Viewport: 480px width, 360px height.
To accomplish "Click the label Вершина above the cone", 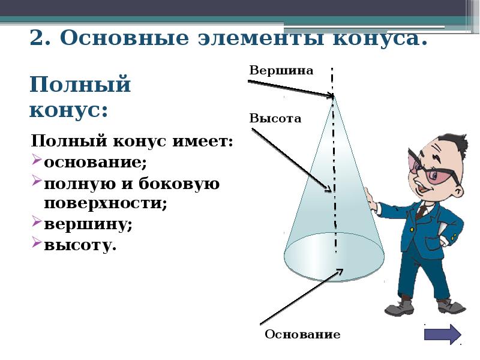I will click(281, 71).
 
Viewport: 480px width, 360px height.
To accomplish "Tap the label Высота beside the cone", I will click(275, 119).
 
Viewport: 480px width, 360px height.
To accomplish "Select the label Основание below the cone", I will click(302, 335).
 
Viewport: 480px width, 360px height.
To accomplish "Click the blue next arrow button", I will click(443, 334).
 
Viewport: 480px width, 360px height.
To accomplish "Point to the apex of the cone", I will click(334, 97).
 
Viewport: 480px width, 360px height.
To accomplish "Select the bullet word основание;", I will click(95, 163).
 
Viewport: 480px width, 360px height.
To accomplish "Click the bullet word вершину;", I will click(88, 224).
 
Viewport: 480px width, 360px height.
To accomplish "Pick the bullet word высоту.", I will click(80, 245).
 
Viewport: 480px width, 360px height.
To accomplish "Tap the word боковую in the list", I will click(182, 184).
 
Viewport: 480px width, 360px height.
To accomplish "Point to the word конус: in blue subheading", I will click(68, 110).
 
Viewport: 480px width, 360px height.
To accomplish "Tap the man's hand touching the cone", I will click(370, 200).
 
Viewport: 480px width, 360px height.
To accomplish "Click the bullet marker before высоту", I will click(36, 244).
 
